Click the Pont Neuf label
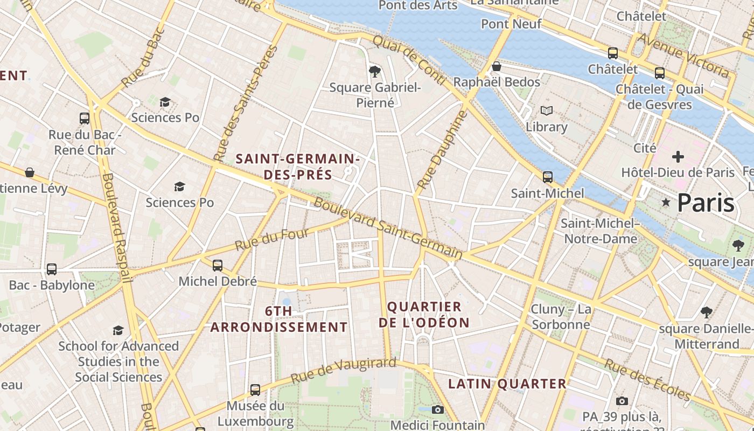tap(511, 24)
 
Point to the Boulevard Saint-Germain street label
tap(387, 227)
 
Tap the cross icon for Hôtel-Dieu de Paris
tap(678, 157)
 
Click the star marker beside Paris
tap(666, 202)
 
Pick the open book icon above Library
tap(547, 111)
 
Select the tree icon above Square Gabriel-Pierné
tap(375, 71)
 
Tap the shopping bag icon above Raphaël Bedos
tap(497, 66)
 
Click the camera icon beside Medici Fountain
tap(438, 409)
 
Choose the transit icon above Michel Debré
tap(218, 265)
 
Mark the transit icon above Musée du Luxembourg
tap(255, 390)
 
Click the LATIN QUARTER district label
tap(507, 384)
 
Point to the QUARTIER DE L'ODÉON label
tap(424, 315)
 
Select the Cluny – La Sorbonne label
tap(561, 317)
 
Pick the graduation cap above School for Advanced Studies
tap(118, 330)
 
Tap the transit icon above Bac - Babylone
tap(52, 269)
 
